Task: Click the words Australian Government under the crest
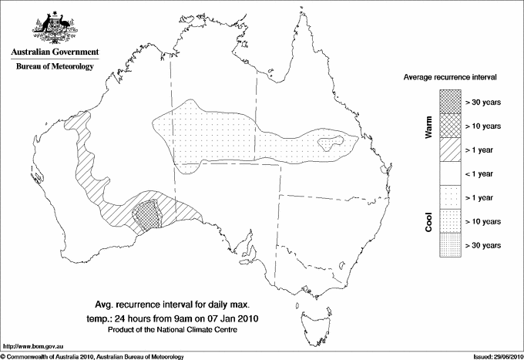pyautogui.click(x=54, y=52)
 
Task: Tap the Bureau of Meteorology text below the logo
pyautogui.click(x=54, y=67)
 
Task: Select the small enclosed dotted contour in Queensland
pyautogui.click(x=330, y=141)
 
